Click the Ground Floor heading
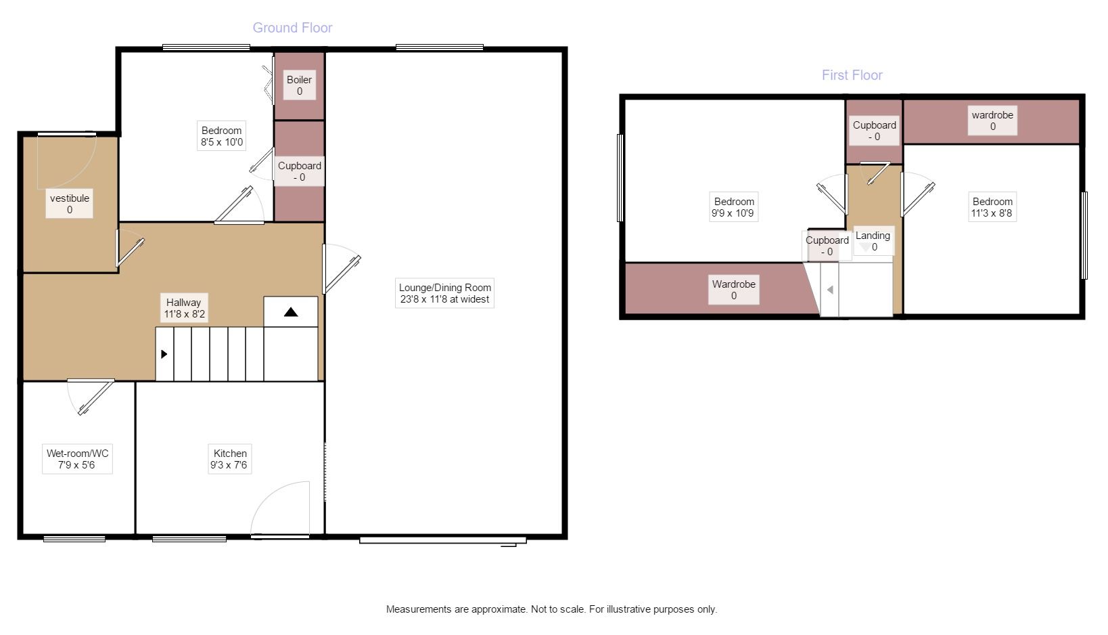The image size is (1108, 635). [x=292, y=28]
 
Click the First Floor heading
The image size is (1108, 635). [x=852, y=75]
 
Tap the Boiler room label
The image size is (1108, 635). [x=299, y=85]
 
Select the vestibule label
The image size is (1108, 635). [x=69, y=203]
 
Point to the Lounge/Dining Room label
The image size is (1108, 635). [x=444, y=293]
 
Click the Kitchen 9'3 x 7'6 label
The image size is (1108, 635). [x=229, y=459]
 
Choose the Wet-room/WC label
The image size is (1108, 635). [x=77, y=459]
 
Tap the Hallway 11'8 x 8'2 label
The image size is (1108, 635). [x=183, y=308]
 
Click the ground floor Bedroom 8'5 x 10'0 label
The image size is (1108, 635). [x=222, y=136]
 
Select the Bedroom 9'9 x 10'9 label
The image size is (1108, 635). [x=733, y=207]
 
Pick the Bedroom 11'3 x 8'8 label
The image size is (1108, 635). [x=992, y=207]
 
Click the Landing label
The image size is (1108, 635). [x=873, y=241]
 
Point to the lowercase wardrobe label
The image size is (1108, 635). [x=992, y=121]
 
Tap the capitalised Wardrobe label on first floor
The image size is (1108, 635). [x=733, y=290]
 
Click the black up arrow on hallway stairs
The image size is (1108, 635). [x=291, y=312]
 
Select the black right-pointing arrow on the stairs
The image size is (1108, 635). [x=164, y=354]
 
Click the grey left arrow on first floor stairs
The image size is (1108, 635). [x=831, y=290]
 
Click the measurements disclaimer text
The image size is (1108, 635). [x=551, y=609]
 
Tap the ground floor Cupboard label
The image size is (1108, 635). [x=299, y=171]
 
